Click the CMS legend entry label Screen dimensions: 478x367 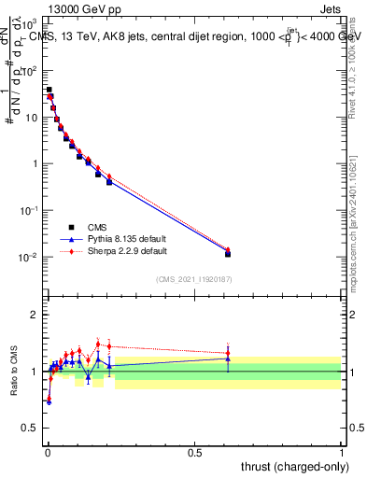click(x=95, y=227)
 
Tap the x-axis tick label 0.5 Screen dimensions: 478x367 click(x=194, y=453)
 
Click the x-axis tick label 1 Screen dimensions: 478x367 click(x=342, y=453)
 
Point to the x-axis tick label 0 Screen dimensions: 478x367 click(x=47, y=453)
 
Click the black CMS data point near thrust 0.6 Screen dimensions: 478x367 click(x=228, y=254)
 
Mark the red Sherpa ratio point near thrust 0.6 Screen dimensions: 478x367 click(x=228, y=353)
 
